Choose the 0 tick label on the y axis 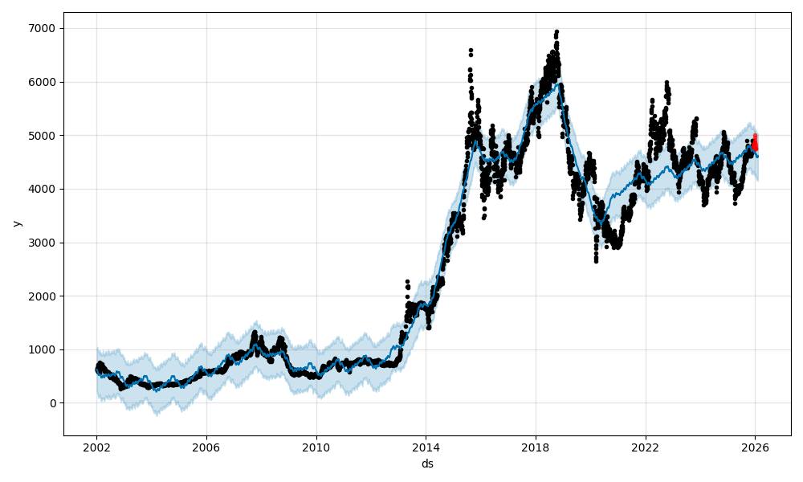point(51,403)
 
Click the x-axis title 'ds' point(427,464)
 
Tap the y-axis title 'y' point(15,223)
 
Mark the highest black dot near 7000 point(556,31)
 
